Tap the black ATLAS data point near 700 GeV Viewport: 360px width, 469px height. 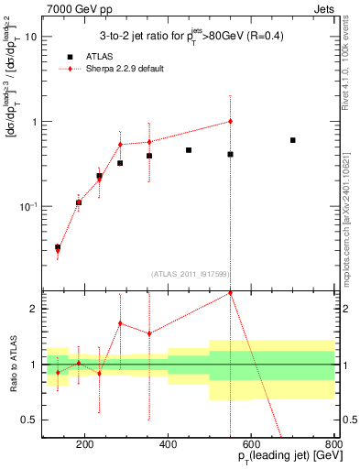[292, 140]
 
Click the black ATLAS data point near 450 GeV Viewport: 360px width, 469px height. [189, 150]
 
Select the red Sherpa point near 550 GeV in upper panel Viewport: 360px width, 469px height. [230, 121]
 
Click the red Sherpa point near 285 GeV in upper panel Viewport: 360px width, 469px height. [120, 145]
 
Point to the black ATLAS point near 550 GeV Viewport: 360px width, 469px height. [230, 155]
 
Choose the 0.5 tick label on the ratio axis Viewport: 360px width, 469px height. [30, 420]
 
